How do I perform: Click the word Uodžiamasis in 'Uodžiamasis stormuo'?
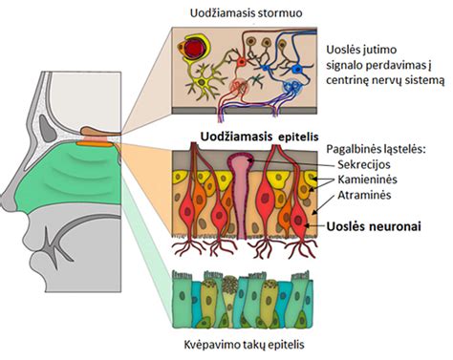pos(213,13)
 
